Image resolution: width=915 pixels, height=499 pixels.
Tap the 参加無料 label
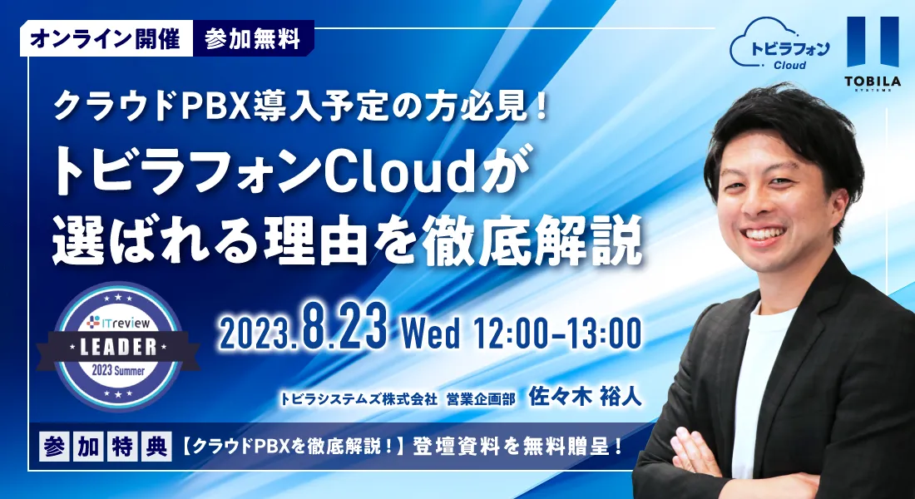253,38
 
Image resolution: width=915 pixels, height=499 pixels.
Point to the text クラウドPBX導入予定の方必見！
301,106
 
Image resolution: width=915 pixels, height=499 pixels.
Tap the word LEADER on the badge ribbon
118,348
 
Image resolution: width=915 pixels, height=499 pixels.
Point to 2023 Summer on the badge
117,371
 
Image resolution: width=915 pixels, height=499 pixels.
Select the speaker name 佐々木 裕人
585,397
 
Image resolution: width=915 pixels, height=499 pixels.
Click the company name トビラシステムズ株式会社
359,398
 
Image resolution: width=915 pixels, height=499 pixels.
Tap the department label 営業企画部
481,398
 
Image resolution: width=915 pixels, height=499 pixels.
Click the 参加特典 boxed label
106,447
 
